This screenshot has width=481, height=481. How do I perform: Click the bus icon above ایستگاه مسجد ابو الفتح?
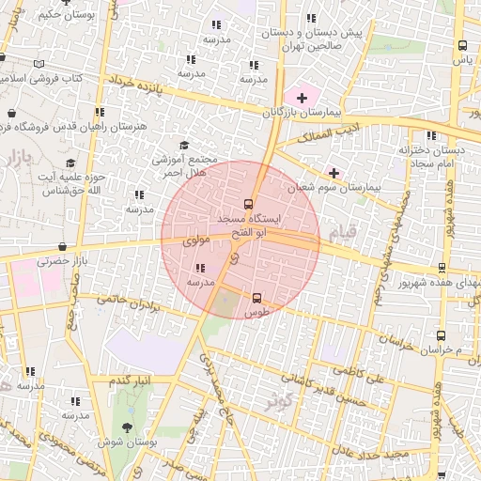(x=249, y=204)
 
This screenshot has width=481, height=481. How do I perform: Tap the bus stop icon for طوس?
(x=257, y=298)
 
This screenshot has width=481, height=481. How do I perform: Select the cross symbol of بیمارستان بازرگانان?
(x=302, y=98)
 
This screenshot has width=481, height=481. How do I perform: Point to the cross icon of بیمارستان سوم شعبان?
(x=334, y=173)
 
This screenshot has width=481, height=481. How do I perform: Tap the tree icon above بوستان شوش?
(x=127, y=427)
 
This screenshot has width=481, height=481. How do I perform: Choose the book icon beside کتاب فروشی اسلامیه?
(x=39, y=64)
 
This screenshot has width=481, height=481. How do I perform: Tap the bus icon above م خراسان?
(x=442, y=335)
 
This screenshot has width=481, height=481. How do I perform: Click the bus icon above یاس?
(x=462, y=45)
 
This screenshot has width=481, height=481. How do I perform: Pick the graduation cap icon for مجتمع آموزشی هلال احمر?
(x=184, y=145)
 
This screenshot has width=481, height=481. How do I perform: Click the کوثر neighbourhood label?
(x=274, y=401)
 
